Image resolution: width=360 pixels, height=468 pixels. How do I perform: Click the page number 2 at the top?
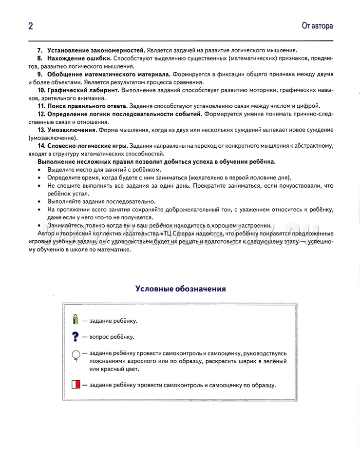point(30,26)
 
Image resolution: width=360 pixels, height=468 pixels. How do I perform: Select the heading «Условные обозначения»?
point(180,289)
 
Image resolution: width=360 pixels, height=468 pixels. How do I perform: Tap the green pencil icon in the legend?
point(75,320)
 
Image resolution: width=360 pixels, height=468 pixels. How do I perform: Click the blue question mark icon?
point(75,336)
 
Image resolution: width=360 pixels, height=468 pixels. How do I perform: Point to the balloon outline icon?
point(76,355)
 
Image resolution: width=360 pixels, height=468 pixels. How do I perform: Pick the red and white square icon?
point(76,385)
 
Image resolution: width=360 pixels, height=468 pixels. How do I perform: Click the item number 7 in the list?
point(40,50)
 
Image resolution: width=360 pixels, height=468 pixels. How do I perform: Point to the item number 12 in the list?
point(41,114)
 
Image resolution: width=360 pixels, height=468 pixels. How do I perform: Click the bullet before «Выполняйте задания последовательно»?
point(39,201)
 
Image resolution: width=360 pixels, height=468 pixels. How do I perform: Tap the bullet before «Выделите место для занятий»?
point(39,170)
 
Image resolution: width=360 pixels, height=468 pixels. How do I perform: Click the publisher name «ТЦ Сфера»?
point(178,234)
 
